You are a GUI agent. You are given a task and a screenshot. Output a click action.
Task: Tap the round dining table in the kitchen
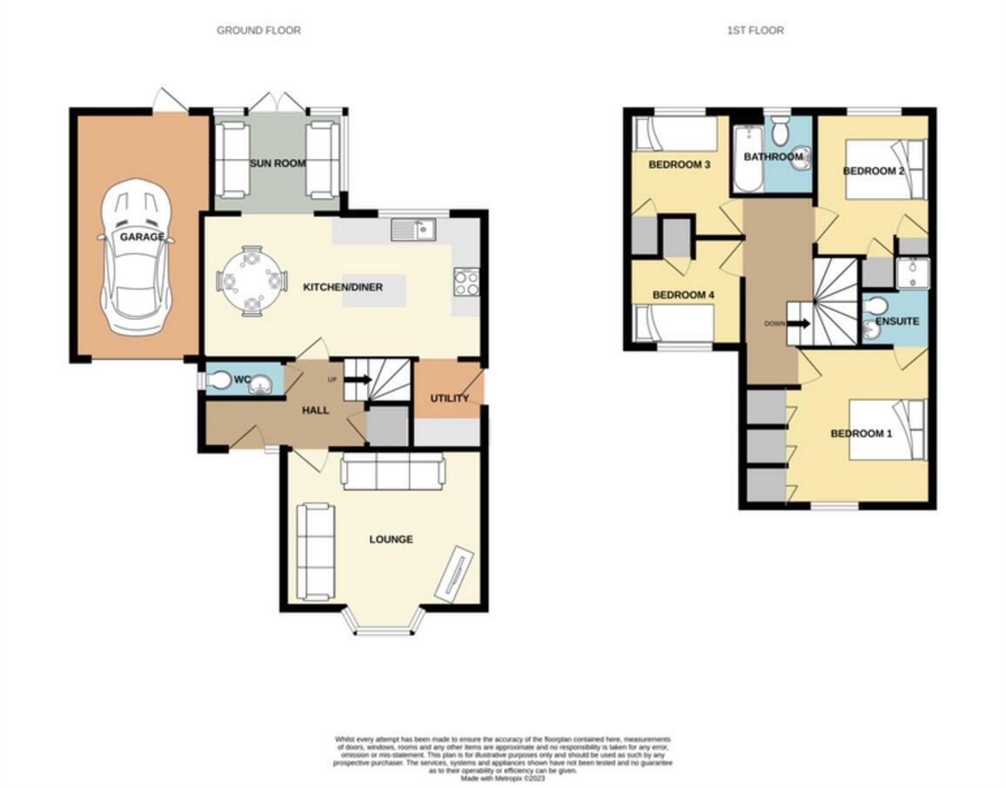point(251,280)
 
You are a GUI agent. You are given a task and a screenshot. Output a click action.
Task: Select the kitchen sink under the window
point(413,230)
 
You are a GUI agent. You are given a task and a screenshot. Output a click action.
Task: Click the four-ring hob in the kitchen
point(466,281)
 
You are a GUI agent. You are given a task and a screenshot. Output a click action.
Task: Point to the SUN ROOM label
point(274,164)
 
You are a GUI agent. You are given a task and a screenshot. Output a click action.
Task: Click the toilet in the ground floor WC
point(219,380)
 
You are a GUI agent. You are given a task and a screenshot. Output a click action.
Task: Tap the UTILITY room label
point(449,398)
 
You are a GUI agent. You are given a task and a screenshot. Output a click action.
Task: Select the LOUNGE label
point(391,539)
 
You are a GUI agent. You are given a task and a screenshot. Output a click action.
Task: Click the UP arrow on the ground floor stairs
point(357,379)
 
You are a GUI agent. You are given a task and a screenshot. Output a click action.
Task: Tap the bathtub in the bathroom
point(748,160)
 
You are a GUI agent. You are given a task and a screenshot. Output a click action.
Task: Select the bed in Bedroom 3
point(675,135)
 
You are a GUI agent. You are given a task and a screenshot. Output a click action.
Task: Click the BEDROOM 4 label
point(683,295)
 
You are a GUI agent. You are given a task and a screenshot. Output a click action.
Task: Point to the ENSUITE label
point(896,321)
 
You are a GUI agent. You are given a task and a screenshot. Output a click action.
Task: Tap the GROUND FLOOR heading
point(258,30)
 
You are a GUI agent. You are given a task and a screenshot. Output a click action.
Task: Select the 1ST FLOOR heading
point(755,30)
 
